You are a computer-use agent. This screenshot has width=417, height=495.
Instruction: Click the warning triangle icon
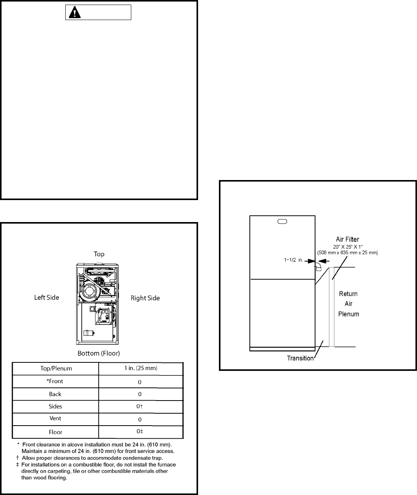(x=75, y=12)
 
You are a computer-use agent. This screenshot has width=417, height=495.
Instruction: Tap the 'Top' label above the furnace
(x=99, y=254)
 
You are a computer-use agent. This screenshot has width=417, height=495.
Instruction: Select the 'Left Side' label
(x=47, y=298)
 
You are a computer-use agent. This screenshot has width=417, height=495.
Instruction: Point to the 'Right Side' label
(x=145, y=298)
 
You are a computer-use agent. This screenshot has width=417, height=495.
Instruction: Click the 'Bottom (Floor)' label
(x=99, y=354)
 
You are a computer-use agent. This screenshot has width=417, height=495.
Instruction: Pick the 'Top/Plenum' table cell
(x=56, y=369)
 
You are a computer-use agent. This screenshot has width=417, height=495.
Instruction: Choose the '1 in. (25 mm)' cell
(x=141, y=368)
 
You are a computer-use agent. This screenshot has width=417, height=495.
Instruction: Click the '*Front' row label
(x=55, y=381)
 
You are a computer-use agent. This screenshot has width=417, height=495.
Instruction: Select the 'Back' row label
(x=55, y=394)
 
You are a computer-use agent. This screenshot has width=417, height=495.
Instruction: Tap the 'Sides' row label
(x=55, y=406)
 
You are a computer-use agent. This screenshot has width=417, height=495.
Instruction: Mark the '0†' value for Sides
(x=140, y=406)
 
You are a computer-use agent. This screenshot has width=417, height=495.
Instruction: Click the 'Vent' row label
(x=55, y=418)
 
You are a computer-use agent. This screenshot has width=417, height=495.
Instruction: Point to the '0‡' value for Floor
(x=140, y=431)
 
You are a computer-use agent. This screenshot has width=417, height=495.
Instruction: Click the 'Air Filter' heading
(x=347, y=239)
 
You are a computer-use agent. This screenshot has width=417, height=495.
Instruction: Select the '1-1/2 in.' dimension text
(x=294, y=260)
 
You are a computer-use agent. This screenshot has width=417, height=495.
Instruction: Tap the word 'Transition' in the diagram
(x=300, y=358)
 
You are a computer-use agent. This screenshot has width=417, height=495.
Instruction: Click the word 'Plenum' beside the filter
(x=349, y=314)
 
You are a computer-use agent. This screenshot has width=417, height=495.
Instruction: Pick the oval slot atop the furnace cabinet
(x=282, y=221)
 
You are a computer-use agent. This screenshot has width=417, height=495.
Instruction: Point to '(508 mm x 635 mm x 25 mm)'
(x=347, y=253)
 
